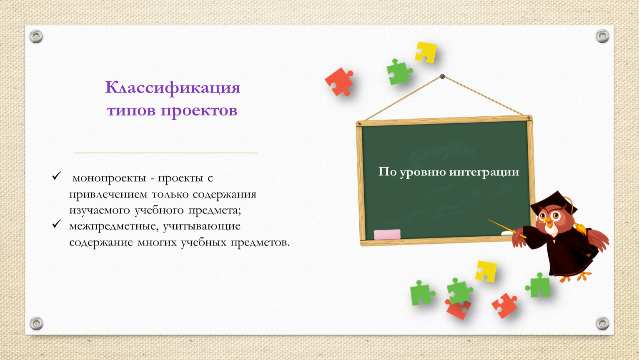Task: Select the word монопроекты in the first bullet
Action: click(109, 178)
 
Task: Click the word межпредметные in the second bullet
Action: click(113, 226)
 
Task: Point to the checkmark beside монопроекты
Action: click(57, 175)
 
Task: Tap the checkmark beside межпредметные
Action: click(57, 224)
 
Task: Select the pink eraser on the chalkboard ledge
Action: click(387, 235)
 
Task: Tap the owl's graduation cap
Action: click(554, 203)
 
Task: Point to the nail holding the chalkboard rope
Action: click(442, 76)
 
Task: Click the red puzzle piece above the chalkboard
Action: click(339, 82)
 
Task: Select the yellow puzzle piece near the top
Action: click(426, 52)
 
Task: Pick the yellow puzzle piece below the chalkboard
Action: click(486, 271)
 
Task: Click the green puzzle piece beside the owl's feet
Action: click(538, 285)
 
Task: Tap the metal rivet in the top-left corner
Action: click(36, 37)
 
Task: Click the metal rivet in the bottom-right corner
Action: click(602, 323)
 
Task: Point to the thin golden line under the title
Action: click(165, 153)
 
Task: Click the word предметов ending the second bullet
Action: click(260, 242)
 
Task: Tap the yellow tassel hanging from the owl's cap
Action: click(580, 228)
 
